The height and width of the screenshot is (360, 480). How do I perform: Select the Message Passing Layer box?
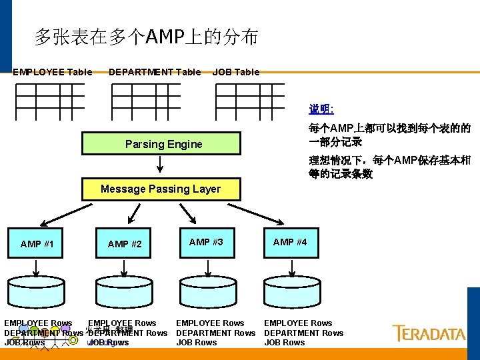click(160, 189)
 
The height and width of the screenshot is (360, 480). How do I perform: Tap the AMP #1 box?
click(37, 244)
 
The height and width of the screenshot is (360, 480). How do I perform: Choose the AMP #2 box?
click(125, 244)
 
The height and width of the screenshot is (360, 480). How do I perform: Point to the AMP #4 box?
click(290, 242)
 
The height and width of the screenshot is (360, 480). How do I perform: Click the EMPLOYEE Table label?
click(53, 72)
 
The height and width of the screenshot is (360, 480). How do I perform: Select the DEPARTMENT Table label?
click(155, 72)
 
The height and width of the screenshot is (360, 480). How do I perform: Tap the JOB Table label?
click(236, 72)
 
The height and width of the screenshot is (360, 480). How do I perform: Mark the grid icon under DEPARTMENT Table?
click(146, 101)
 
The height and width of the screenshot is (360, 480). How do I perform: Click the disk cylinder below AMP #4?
click(291, 291)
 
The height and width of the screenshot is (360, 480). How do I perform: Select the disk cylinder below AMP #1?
click(38, 291)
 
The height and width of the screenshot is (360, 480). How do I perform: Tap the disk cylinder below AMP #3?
click(208, 291)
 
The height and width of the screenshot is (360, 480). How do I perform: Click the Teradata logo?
click(429, 333)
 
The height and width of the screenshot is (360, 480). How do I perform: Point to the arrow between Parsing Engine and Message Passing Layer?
click(160, 163)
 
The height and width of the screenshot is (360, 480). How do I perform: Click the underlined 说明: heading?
click(321, 108)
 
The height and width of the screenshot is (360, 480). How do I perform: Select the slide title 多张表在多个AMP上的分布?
click(147, 37)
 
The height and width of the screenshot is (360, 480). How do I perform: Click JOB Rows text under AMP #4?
click(285, 343)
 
